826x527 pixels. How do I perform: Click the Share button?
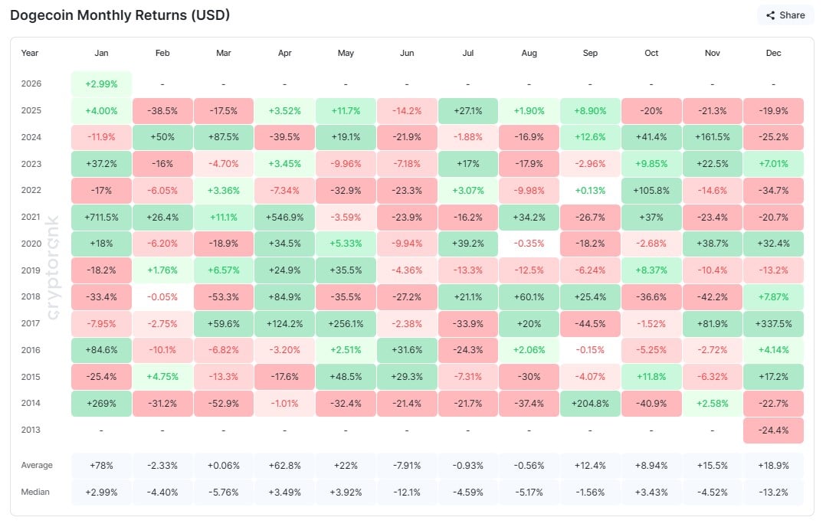pyautogui.click(x=785, y=15)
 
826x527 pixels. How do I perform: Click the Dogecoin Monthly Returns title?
pyautogui.click(x=120, y=15)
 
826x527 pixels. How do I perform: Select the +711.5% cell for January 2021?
pyautogui.click(x=101, y=217)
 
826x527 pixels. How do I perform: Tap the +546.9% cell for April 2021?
pyautogui.click(x=284, y=217)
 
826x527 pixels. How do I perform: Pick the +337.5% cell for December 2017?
pyautogui.click(x=773, y=323)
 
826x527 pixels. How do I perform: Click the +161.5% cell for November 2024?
pyautogui.click(x=712, y=137)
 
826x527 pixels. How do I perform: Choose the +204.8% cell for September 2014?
pyautogui.click(x=590, y=403)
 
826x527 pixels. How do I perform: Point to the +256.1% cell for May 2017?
pyautogui.click(x=346, y=323)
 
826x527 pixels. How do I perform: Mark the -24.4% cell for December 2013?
pyautogui.click(x=773, y=430)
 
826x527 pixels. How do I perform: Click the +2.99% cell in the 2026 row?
pyautogui.click(x=101, y=83)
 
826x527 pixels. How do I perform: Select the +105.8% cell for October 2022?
pyautogui.click(x=651, y=190)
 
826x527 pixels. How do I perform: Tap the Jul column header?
pyautogui.click(x=467, y=54)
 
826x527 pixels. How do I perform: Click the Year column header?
pyautogui.click(x=30, y=54)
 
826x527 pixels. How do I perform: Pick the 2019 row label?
pyautogui.click(x=31, y=270)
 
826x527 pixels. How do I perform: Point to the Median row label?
pyautogui.click(x=36, y=492)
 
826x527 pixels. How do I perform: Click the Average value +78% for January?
pyautogui.click(x=101, y=465)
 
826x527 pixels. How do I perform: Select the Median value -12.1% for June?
pyautogui.click(x=407, y=492)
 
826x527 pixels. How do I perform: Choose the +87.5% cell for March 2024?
pyautogui.click(x=223, y=137)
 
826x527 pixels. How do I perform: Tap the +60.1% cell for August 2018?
pyautogui.click(x=529, y=296)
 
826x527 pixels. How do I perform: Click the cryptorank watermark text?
pyautogui.click(x=54, y=263)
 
